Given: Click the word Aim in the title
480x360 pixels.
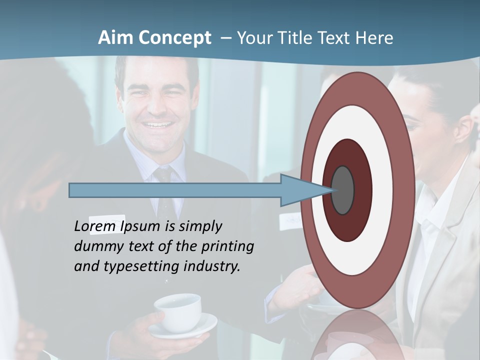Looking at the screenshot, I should [x=115, y=37].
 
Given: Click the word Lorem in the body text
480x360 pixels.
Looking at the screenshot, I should [x=95, y=226].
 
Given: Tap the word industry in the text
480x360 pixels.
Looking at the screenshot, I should [x=212, y=266].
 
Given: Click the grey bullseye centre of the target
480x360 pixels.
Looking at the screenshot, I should [x=343, y=190].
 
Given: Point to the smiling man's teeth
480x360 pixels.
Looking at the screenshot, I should [x=155, y=125].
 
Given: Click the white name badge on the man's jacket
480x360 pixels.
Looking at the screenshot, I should [x=106, y=222].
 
